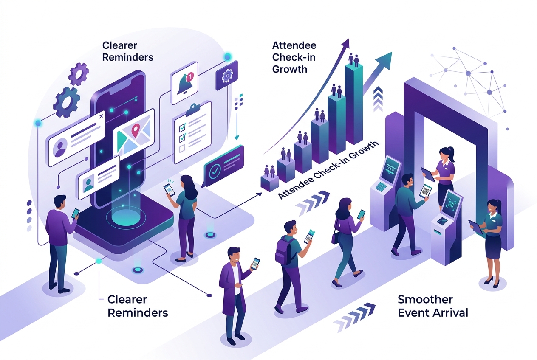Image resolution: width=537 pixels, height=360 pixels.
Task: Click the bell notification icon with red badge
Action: (x=185, y=83)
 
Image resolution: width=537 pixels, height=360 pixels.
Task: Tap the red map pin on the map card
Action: (x=136, y=129)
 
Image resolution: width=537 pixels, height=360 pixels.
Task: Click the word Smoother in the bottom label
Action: (x=425, y=299)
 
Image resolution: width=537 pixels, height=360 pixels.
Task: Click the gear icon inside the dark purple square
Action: (x=227, y=76)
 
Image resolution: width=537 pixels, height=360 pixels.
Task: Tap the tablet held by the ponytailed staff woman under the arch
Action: (x=428, y=174)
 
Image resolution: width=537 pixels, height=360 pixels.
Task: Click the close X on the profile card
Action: (x=101, y=116)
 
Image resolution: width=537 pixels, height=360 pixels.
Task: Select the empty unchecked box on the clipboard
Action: (x=182, y=149)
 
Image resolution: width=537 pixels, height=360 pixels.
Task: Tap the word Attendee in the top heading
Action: (x=294, y=45)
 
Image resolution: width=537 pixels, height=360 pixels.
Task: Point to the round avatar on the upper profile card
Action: (x=60, y=148)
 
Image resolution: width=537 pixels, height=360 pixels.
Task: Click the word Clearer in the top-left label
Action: (x=120, y=45)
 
